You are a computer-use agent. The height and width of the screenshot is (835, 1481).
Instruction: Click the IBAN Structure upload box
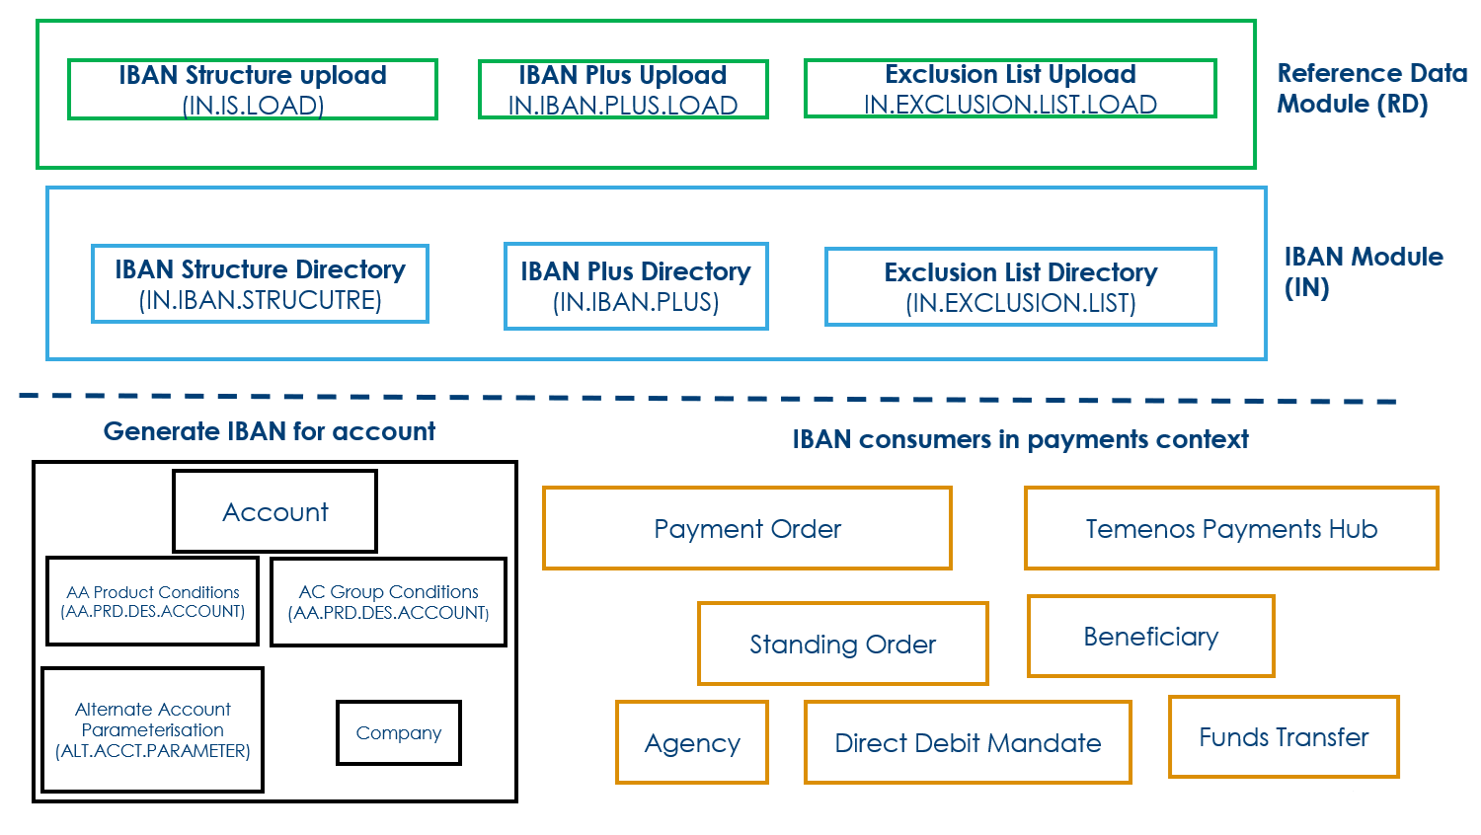click(x=253, y=90)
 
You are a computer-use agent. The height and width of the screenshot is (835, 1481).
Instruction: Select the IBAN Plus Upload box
click(x=623, y=90)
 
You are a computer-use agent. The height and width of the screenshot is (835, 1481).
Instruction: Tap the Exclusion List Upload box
click(x=1010, y=89)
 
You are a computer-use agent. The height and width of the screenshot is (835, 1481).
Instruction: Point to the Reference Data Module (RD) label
click(x=1371, y=89)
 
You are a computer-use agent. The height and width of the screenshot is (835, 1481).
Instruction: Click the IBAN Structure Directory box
click(x=260, y=284)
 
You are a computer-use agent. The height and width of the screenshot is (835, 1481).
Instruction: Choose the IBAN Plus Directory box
click(x=636, y=286)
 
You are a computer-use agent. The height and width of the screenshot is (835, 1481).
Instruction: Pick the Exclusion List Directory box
click(x=1021, y=287)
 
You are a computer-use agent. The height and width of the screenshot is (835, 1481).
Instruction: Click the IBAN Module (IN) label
click(x=1363, y=272)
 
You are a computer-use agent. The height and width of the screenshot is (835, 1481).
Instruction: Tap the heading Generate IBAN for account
click(x=270, y=431)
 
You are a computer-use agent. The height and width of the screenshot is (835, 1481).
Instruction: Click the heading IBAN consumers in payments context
click(x=1020, y=439)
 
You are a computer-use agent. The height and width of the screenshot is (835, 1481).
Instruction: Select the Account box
click(x=275, y=511)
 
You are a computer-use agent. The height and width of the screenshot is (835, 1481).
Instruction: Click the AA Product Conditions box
click(x=152, y=601)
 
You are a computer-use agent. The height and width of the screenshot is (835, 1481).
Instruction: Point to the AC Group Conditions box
click(x=389, y=602)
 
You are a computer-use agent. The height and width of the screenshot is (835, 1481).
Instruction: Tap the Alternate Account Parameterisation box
click(x=153, y=729)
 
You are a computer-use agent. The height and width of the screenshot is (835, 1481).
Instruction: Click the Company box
click(x=399, y=732)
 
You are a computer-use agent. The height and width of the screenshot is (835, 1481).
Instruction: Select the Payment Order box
click(x=747, y=528)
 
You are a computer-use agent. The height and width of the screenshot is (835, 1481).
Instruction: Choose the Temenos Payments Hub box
click(x=1231, y=528)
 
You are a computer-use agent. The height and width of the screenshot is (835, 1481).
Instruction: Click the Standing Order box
click(x=843, y=644)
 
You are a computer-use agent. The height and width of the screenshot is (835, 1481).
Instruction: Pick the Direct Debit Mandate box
click(x=968, y=742)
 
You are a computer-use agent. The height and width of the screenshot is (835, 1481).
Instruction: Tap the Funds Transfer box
click(x=1284, y=736)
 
